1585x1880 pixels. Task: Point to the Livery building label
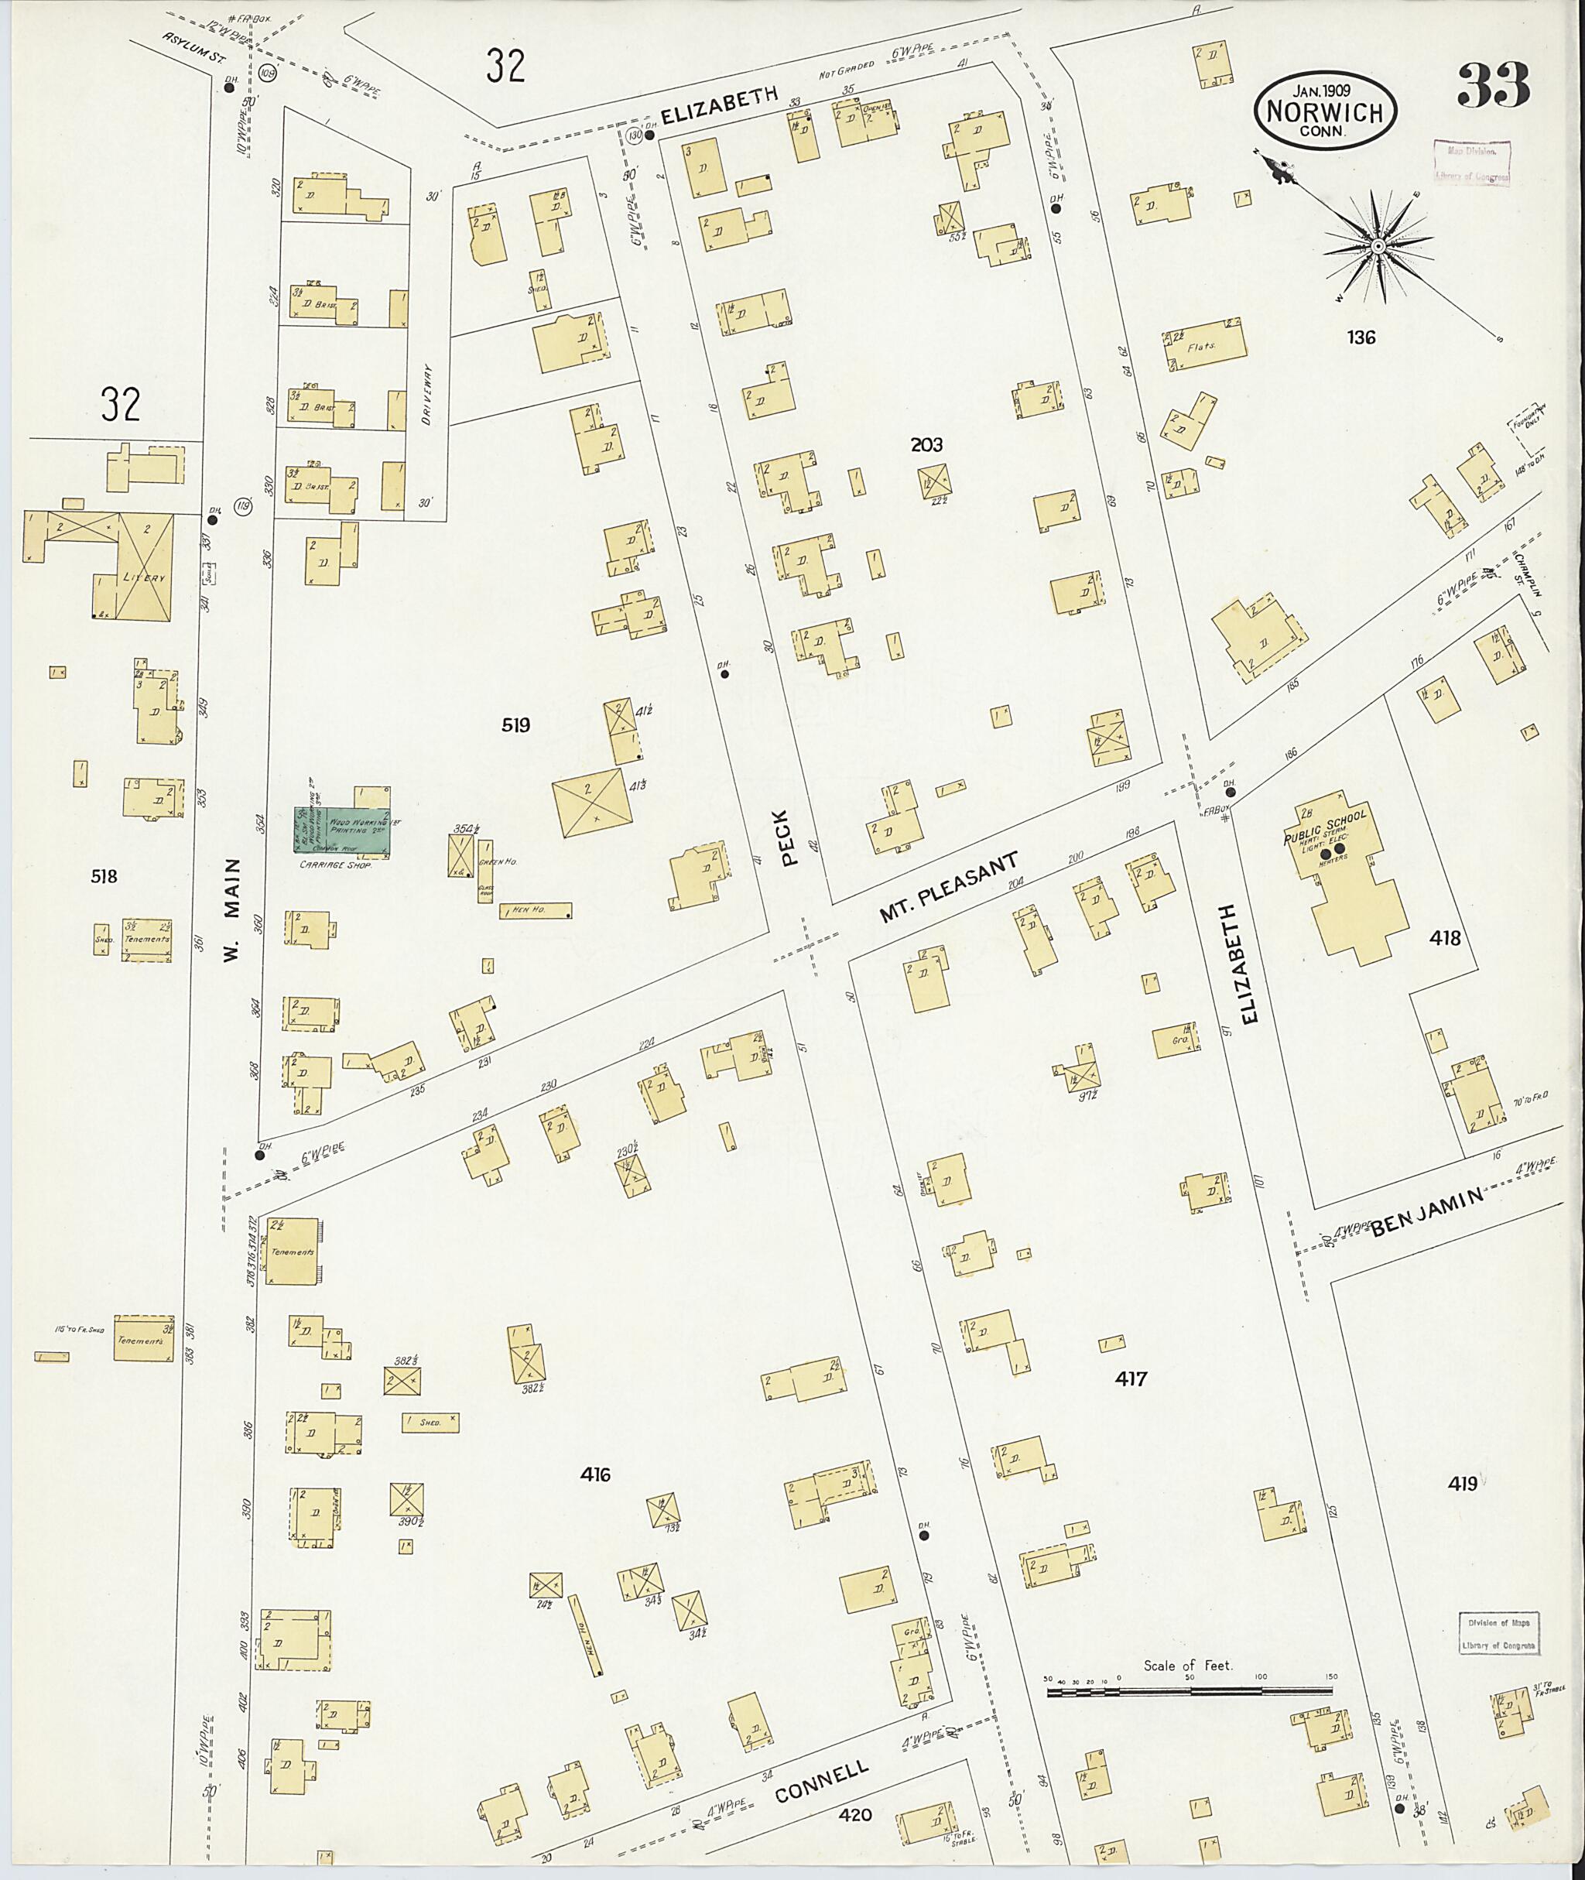click(x=145, y=578)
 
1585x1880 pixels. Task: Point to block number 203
click(x=926, y=445)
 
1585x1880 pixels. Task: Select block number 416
click(x=595, y=1474)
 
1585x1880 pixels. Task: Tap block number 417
click(x=1131, y=1378)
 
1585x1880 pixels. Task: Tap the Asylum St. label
click(x=193, y=45)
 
